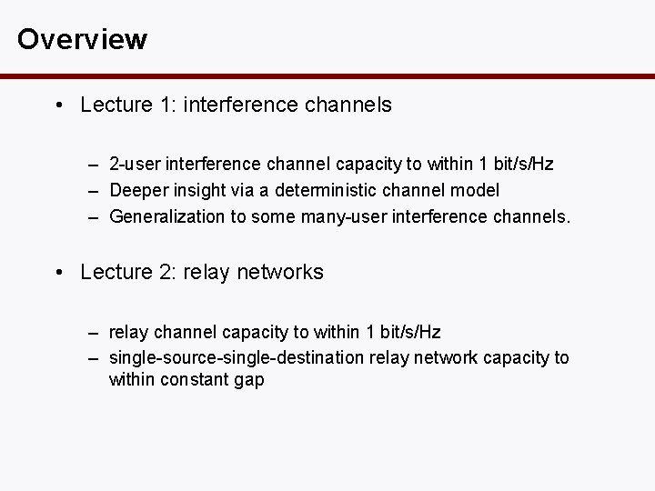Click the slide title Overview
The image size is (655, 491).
82,40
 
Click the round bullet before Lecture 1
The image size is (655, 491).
58,105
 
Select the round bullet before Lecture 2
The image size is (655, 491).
58,273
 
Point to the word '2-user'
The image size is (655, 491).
133,165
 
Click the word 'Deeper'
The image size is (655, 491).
136,190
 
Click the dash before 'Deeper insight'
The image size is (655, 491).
95,190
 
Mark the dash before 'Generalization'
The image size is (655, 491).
95,215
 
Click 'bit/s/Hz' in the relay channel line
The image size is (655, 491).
410,332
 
